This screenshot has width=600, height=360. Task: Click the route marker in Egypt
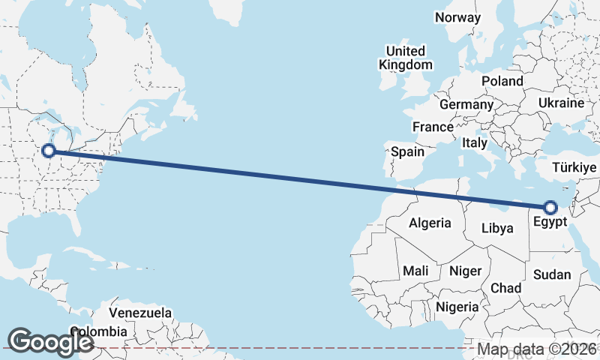click(x=550, y=208)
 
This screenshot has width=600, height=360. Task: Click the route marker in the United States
click(x=49, y=151)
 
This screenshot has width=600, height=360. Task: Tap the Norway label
click(x=457, y=17)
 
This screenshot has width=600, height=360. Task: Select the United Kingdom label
click(x=406, y=58)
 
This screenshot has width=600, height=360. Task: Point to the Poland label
click(x=502, y=81)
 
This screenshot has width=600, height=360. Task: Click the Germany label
click(x=466, y=104)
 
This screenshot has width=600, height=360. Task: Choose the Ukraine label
click(x=561, y=103)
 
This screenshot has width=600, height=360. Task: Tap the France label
click(x=433, y=127)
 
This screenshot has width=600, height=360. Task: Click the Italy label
click(x=475, y=142)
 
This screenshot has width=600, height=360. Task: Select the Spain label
click(x=407, y=152)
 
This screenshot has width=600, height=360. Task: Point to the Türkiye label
click(x=574, y=167)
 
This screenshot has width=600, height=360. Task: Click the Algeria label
click(x=430, y=223)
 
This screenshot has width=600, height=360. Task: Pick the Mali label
click(x=415, y=270)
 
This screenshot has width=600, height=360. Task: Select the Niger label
click(x=465, y=270)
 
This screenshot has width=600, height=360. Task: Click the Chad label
click(x=505, y=288)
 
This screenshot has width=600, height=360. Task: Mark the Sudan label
click(x=552, y=275)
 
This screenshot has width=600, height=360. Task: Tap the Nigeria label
click(x=457, y=307)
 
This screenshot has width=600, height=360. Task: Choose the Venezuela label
click(x=140, y=313)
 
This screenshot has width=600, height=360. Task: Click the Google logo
click(x=50, y=341)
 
